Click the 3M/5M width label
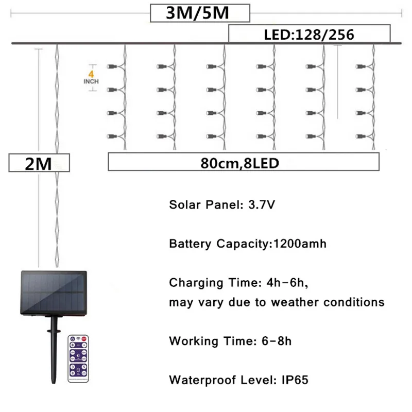200,13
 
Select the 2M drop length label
39,163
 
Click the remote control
78,358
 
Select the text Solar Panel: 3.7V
222,204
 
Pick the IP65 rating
295,380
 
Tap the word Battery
187,244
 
